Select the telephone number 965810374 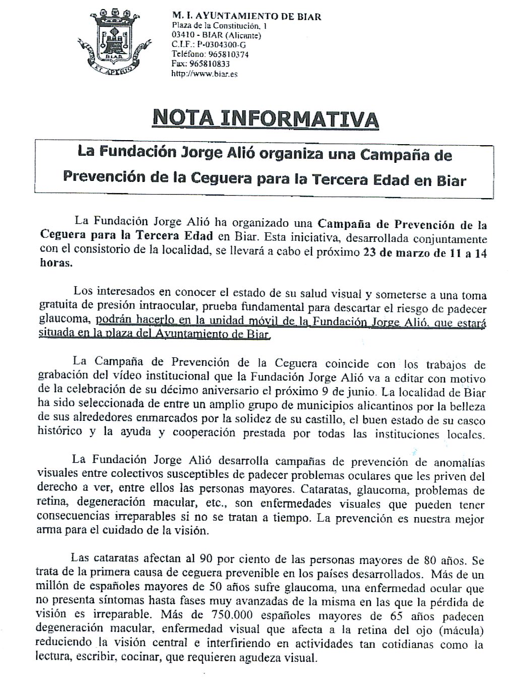(224, 54)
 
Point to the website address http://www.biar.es (204, 74)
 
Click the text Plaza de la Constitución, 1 (219, 25)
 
